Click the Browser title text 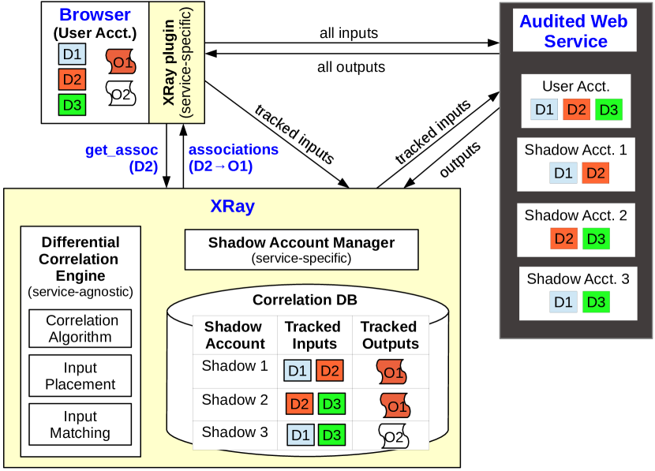coord(94,15)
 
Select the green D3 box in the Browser coord(72,104)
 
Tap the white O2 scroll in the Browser coord(121,95)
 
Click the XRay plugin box coord(177,62)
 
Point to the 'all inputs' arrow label coord(349,33)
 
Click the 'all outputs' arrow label coord(351,67)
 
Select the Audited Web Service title coord(574,31)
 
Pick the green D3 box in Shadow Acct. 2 coord(596,238)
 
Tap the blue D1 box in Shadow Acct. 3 coord(563,301)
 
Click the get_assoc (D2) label coord(122,158)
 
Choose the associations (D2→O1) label coord(233,158)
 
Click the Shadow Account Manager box coord(301,249)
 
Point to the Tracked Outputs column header coord(390,335)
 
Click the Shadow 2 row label coord(234,400)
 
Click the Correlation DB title coord(305,300)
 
